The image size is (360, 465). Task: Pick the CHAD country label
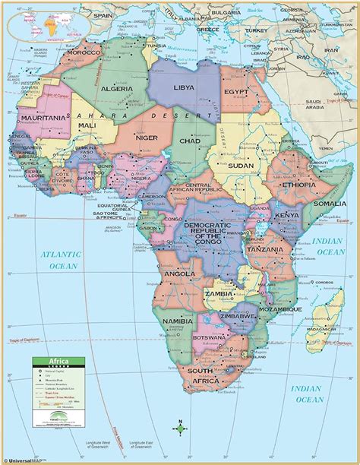(189, 141)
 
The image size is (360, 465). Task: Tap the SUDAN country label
(242, 164)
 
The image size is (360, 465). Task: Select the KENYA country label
(270, 216)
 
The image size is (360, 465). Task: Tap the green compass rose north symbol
(180, 429)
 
